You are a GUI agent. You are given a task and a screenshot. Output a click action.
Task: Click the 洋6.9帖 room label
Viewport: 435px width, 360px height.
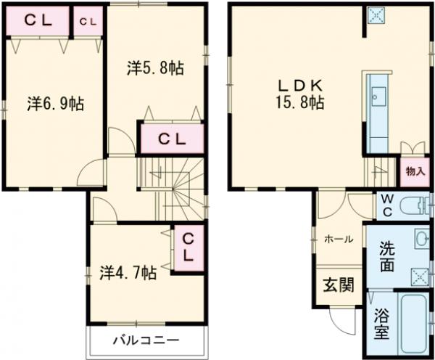click(56, 103)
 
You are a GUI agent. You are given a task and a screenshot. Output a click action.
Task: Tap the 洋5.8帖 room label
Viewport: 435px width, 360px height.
click(155, 68)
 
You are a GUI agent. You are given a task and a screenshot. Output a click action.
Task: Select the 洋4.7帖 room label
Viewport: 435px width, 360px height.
click(127, 273)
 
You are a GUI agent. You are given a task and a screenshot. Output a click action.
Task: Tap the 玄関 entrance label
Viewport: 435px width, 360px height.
click(338, 285)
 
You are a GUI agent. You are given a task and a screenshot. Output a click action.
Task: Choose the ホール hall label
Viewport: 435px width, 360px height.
click(338, 239)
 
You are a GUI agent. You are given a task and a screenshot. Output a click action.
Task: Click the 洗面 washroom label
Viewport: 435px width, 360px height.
click(388, 256)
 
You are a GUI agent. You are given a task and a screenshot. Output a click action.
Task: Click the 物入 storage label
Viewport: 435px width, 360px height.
click(415, 173)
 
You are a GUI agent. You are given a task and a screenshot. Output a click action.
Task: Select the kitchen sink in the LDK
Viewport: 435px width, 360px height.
click(378, 94)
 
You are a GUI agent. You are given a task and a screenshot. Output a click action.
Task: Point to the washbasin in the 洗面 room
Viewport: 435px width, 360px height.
click(421, 239)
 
